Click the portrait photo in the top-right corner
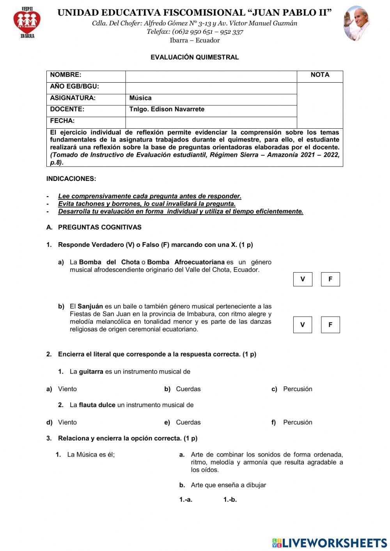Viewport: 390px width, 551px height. click(x=356, y=23)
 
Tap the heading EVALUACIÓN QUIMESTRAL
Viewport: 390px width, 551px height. click(x=195, y=57)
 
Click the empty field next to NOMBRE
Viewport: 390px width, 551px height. click(x=211, y=76)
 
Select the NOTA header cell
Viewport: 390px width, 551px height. click(x=320, y=75)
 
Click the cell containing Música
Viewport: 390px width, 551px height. click(x=211, y=98)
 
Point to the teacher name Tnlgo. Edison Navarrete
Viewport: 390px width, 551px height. click(x=167, y=109)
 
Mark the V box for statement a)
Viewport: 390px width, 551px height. click(x=303, y=279)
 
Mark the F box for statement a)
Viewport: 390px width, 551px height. click(x=330, y=279)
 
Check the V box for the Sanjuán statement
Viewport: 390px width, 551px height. click(x=303, y=325)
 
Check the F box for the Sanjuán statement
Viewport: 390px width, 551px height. click(x=330, y=325)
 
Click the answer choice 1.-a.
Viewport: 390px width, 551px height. click(x=186, y=500)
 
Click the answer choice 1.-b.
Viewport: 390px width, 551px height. click(x=230, y=500)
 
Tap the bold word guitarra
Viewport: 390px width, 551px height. click(x=91, y=372)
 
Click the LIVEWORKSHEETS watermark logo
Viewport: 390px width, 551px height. click(x=330, y=542)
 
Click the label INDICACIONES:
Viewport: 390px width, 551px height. click(x=71, y=179)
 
